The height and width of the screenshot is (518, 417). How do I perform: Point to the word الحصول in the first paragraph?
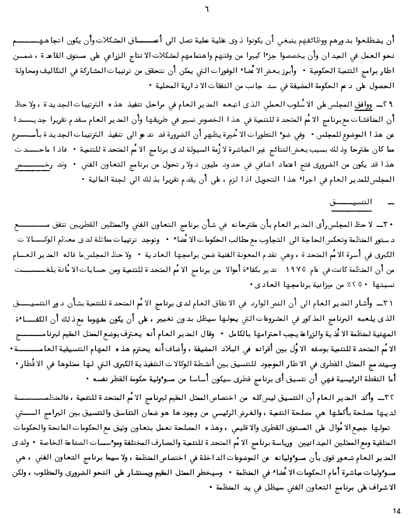click(384, 86)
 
